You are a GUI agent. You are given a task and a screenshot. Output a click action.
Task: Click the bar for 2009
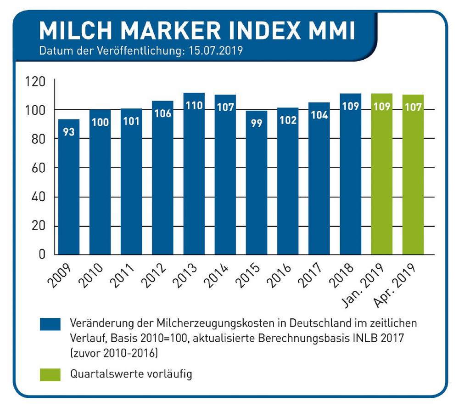click(x=69, y=187)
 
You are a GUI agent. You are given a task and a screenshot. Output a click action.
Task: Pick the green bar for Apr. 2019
click(x=413, y=175)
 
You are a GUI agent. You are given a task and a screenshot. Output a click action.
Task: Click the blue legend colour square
click(x=50, y=324)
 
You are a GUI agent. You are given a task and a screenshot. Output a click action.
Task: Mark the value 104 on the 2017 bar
click(x=319, y=115)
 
